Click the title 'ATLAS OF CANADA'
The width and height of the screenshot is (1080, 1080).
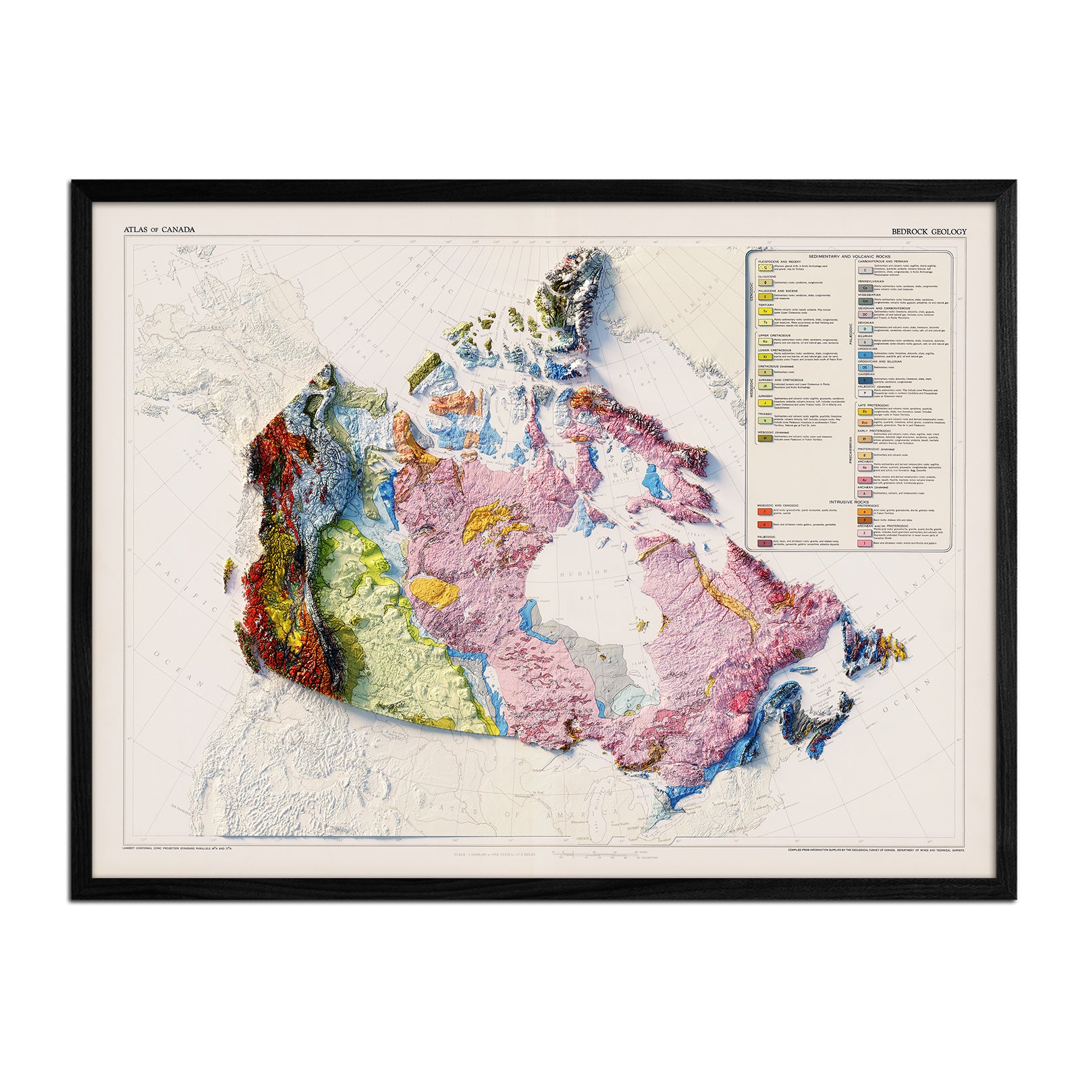[159, 230]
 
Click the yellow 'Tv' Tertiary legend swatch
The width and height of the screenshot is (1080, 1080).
[765, 312]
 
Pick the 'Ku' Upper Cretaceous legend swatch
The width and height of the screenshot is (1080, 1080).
[765, 342]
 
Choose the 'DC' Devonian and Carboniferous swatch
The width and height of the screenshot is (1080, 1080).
[865, 314]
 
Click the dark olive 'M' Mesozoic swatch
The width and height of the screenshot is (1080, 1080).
[765, 438]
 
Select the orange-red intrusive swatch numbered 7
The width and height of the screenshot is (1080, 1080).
[765, 512]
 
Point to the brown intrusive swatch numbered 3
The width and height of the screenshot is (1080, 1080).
[865, 520]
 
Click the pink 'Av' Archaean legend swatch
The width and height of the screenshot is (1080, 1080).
[865, 479]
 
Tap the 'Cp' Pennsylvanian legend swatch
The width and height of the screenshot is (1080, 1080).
[865, 288]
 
